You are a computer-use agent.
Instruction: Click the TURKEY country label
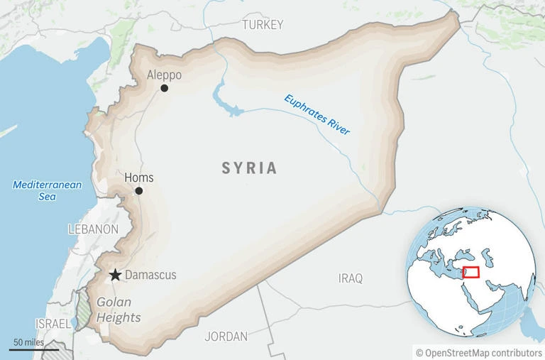(x=262, y=25)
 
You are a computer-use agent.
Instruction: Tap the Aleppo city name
(x=164, y=75)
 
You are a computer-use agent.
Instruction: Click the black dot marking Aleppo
(x=165, y=88)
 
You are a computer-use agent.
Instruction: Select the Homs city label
(x=138, y=178)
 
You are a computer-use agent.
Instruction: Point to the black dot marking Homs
(x=139, y=191)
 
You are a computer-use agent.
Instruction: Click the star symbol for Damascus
(x=114, y=275)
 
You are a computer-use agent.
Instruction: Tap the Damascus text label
(x=150, y=275)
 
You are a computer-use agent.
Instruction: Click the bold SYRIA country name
(x=249, y=168)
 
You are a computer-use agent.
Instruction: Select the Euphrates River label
(x=317, y=115)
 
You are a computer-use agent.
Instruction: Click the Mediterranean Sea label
(x=48, y=190)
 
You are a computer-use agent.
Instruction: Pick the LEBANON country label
(x=93, y=229)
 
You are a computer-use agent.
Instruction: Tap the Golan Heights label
(x=119, y=309)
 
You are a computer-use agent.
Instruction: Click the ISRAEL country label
(x=53, y=323)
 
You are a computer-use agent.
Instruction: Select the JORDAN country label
(x=226, y=336)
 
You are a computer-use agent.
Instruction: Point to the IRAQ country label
(x=351, y=278)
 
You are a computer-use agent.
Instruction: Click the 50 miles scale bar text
(x=28, y=343)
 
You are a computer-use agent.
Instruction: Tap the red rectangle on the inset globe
(x=470, y=272)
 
